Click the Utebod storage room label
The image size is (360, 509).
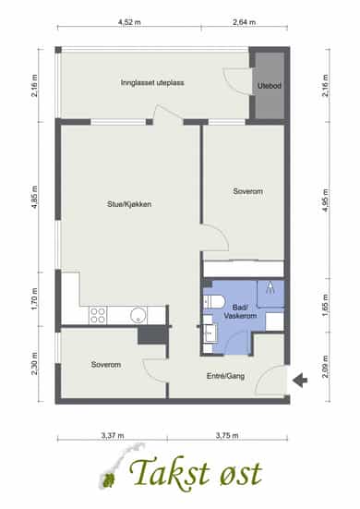coord(270,86)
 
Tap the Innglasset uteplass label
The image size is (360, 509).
coord(152,83)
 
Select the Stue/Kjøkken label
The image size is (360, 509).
coord(129,204)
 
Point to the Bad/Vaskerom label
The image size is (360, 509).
coord(240,311)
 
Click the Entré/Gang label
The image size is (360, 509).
coord(226,376)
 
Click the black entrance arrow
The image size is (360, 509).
coord(300,380)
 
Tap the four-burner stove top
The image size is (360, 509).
coord(98,315)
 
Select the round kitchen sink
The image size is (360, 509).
coord(138,315)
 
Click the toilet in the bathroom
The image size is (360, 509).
coord(214,302)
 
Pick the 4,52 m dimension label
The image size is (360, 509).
coord(129,22)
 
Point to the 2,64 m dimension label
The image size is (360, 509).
coord(244,22)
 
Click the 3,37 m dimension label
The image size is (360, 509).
coord(113,435)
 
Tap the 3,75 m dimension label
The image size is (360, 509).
coord(227,435)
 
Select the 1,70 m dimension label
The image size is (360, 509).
coord(35,299)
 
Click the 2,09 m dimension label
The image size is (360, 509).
coord(325,367)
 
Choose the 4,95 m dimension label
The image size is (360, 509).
coord(325,200)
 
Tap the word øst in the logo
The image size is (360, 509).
coord(241,474)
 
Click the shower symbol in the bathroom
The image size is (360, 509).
coord(270,287)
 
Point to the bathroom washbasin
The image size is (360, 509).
coord(211,333)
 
